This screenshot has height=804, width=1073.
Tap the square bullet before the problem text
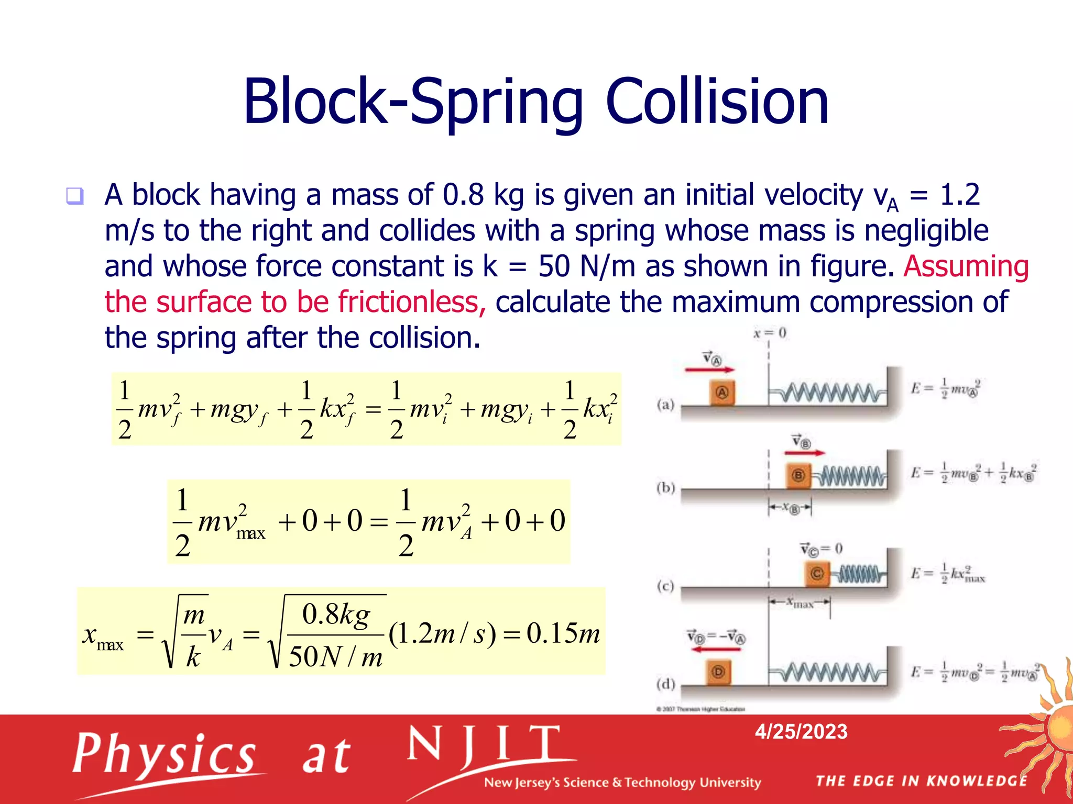74,196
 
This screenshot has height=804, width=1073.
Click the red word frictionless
408,302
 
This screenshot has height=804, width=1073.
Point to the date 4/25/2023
801,731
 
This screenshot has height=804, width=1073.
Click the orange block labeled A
722,393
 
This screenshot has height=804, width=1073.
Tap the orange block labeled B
798,475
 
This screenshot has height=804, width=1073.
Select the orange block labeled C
817,574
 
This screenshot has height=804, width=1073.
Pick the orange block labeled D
718,672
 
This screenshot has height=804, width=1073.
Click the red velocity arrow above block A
710,370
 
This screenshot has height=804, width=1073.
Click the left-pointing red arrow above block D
716,649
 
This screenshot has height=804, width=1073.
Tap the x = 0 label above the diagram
770,333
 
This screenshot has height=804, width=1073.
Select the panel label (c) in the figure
665,586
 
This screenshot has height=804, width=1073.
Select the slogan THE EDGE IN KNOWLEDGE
921,781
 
